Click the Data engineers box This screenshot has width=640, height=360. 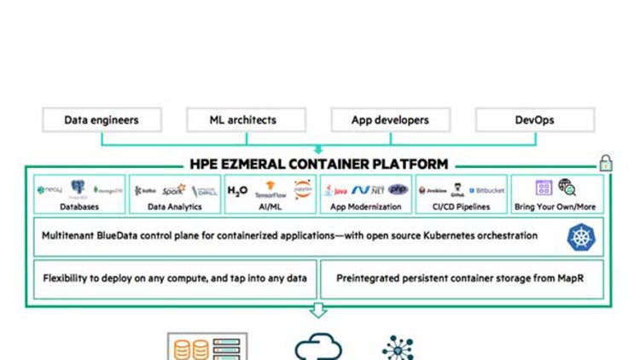pyautogui.click(x=101, y=120)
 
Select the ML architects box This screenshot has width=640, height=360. pyautogui.click(x=243, y=120)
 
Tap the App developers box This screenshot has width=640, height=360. pyautogui.click(x=389, y=120)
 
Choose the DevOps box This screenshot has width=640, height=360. pyautogui.click(x=534, y=120)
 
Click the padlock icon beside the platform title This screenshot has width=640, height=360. pyautogui.click(x=606, y=163)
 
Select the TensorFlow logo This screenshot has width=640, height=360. pyautogui.click(x=270, y=189)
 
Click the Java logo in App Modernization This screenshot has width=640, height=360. pyautogui.click(x=335, y=190)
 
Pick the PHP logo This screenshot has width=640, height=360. pyautogui.click(x=399, y=189)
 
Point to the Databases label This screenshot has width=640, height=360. pyautogui.click(x=79, y=207)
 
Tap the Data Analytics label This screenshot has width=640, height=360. pyautogui.click(x=174, y=207)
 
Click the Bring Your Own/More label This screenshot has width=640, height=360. pyautogui.click(x=556, y=207)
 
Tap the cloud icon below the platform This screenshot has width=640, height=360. pyautogui.click(x=318, y=348)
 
